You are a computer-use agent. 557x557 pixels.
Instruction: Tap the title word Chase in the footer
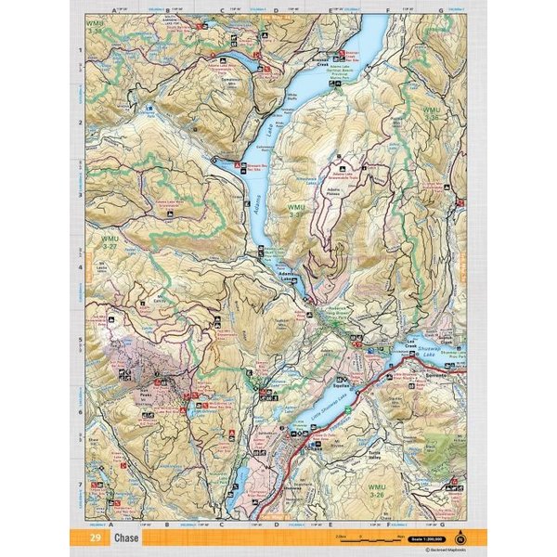(127, 538)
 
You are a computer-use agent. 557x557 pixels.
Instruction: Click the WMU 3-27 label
(109, 243)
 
